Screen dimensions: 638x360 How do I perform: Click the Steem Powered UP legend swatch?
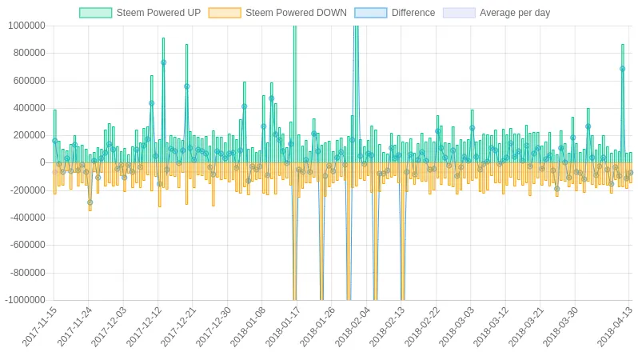click(96, 13)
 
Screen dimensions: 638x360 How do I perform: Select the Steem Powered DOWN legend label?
click(296, 13)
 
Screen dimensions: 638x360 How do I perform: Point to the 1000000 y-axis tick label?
click(26, 26)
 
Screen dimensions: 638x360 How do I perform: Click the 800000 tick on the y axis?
click(29, 53)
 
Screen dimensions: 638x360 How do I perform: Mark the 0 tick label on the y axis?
click(42, 162)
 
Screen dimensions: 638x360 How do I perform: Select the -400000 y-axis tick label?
click(28, 218)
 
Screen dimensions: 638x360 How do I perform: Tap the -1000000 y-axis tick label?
click(26, 300)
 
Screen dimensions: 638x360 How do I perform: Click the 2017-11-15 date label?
click(40, 326)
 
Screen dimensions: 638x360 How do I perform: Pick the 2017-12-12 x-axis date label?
click(145, 326)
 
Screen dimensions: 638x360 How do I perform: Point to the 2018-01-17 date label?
click(284, 326)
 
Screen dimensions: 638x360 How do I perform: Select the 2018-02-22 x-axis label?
click(423, 326)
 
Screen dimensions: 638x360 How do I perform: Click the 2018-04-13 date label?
click(616, 326)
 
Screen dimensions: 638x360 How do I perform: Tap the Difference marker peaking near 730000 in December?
click(164, 62)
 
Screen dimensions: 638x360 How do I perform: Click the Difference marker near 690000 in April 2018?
click(623, 69)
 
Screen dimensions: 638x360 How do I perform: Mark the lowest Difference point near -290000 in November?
click(90, 202)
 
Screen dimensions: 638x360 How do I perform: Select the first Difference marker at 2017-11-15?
click(55, 141)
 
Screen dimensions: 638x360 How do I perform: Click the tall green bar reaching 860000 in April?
click(623, 103)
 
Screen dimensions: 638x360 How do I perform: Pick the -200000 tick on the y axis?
click(28, 190)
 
